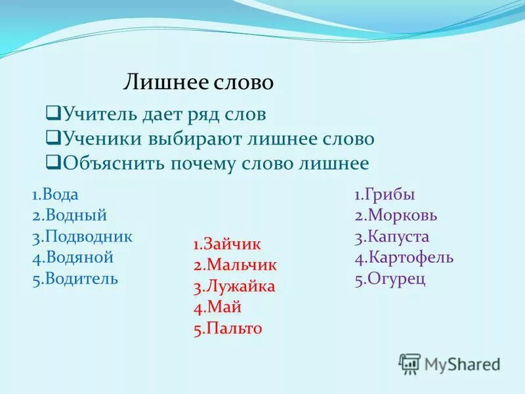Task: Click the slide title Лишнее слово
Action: point(198,83)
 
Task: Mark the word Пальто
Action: point(233,328)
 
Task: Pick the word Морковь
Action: point(402,215)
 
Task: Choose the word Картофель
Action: point(409,257)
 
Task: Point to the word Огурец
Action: point(396,278)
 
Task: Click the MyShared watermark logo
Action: point(450,363)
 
